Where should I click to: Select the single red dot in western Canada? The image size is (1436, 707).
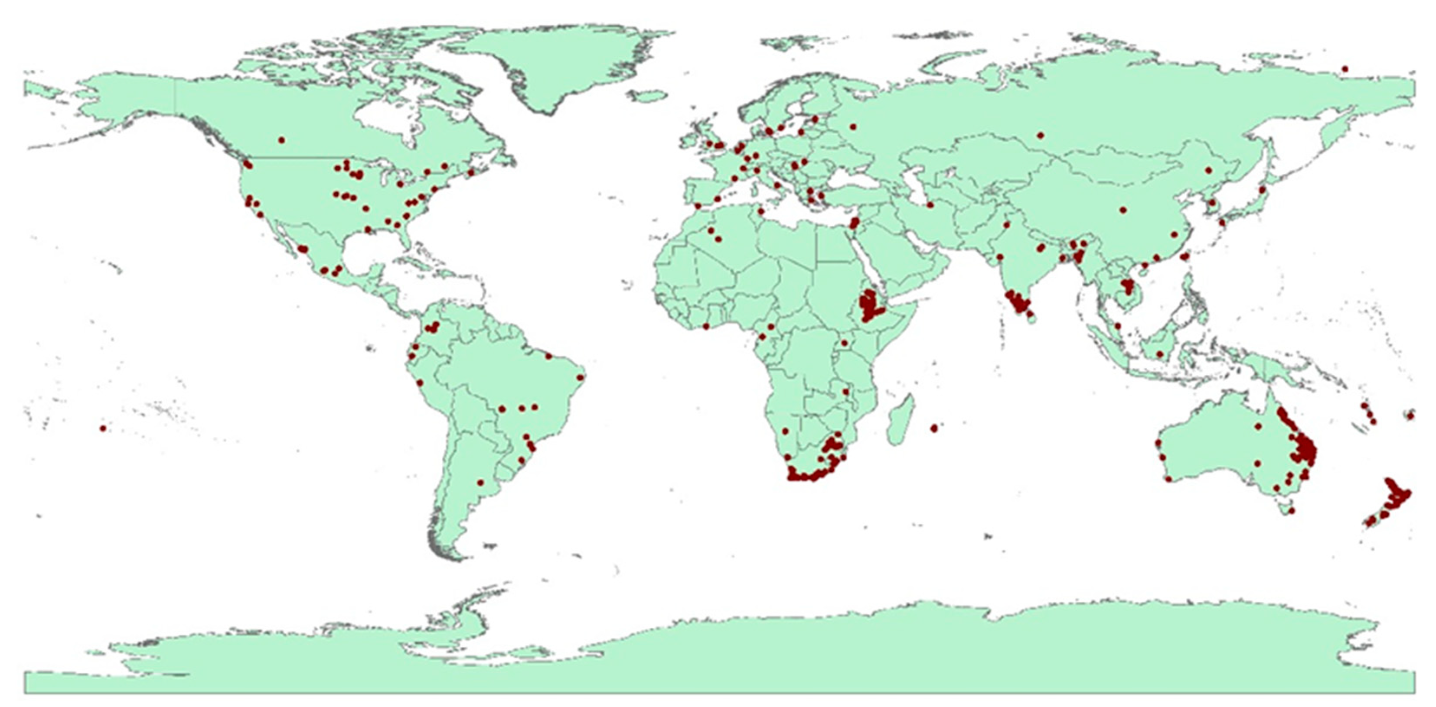pos(281,140)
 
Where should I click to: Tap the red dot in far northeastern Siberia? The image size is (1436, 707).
pos(1345,84)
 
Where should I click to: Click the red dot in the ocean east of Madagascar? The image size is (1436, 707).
pos(934,428)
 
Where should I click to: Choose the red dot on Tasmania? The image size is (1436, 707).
pos(1292,510)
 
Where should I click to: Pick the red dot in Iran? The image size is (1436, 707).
pos(930,205)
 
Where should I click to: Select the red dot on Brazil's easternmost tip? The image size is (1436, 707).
pos(580,377)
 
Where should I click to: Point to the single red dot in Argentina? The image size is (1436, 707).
pos(480,482)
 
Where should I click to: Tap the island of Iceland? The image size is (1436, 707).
pos(646,95)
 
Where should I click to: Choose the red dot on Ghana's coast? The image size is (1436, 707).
pos(706,326)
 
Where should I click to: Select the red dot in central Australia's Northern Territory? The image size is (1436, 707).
pos(1258,427)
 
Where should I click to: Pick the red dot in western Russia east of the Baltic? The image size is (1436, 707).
pos(853,127)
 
